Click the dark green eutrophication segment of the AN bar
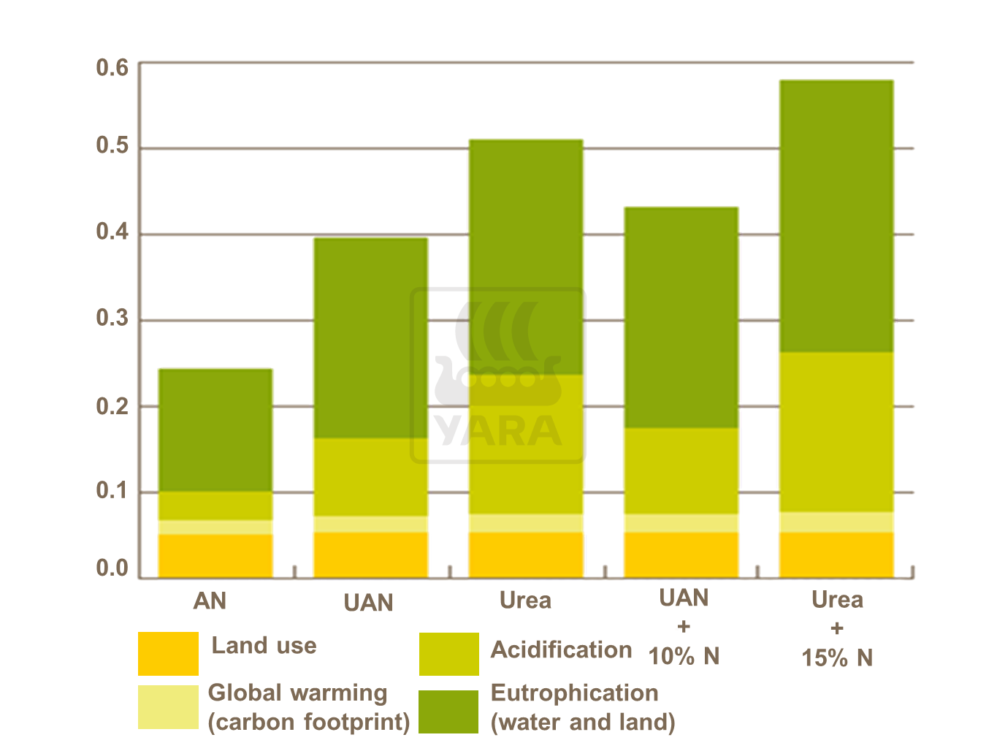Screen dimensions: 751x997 tap(215, 430)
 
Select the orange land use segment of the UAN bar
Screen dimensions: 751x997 tap(370, 554)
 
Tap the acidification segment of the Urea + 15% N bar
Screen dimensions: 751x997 tap(836, 432)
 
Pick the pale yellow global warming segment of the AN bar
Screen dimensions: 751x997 tap(215, 527)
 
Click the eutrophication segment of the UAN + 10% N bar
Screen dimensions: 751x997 tap(681, 317)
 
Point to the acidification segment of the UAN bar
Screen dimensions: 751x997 tap(370, 477)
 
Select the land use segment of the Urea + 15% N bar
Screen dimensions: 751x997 tap(836, 554)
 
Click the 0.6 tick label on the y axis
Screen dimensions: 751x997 tap(112, 68)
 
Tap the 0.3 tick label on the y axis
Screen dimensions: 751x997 tap(112, 318)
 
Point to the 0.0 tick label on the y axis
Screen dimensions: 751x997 tap(112, 568)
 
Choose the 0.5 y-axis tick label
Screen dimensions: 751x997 tap(112, 146)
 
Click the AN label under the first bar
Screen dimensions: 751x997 tap(210, 601)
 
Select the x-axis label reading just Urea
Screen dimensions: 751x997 tap(525, 601)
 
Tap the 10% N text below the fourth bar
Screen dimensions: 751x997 tap(684, 656)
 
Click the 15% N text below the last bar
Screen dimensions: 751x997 tap(837, 657)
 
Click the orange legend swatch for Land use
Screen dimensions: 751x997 tap(168, 653)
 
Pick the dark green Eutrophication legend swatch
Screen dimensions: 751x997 tap(448, 711)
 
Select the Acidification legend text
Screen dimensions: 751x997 tap(561, 649)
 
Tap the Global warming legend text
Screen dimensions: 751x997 tap(297, 693)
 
